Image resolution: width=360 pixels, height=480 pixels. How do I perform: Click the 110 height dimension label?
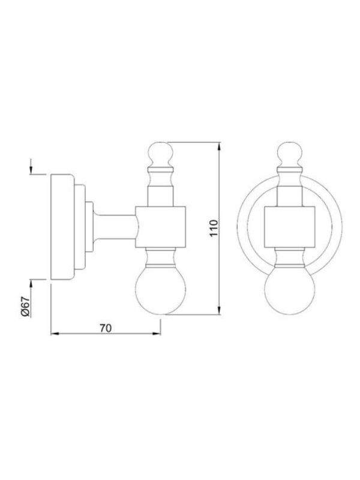pyautogui.click(x=214, y=227)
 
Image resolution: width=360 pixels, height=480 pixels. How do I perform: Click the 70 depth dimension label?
pyautogui.click(x=106, y=328)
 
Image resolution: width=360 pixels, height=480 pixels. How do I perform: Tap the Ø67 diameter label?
pyautogui.click(x=25, y=306)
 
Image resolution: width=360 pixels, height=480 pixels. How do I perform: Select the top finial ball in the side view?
pyautogui.click(x=161, y=154)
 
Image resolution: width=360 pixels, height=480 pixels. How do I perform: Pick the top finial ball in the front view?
pyautogui.click(x=290, y=154)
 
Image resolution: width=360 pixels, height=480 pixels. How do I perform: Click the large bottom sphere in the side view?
pyautogui.click(x=161, y=290)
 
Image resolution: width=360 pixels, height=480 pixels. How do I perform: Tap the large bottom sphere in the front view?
pyautogui.click(x=290, y=290)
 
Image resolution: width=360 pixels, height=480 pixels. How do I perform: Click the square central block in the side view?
pyautogui.click(x=161, y=227)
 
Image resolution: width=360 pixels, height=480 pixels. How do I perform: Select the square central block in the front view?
pyautogui.click(x=290, y=227)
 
